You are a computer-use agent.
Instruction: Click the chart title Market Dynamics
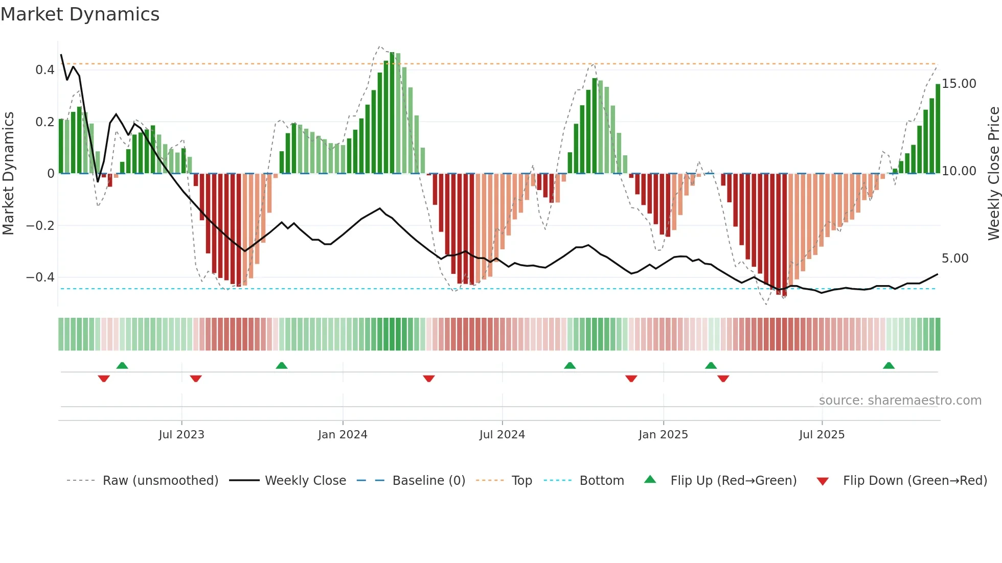[x=80, y=14]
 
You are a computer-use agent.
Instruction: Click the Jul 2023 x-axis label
[x=181, y=435]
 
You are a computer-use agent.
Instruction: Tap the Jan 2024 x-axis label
[x=343, y=435]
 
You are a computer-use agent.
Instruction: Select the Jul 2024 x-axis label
[x=502, y=435]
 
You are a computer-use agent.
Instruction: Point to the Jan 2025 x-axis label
[x=663, y=435]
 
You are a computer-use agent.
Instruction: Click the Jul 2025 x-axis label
[x=822, y=435]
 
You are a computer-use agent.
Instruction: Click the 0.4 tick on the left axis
[x=45, y=70]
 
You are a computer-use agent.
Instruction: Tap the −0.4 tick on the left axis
[x=40, y=277]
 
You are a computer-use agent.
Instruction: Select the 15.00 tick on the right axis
[x=959, y=84]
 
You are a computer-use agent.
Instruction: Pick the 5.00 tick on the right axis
[x=955, y=259]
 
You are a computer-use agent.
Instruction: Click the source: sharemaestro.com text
[x=900, y=401]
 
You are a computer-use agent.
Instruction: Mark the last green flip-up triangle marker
[x=889, y=366]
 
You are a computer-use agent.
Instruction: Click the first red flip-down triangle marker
[x=104, y=379]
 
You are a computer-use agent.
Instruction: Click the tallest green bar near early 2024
[x=392, y=112]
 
